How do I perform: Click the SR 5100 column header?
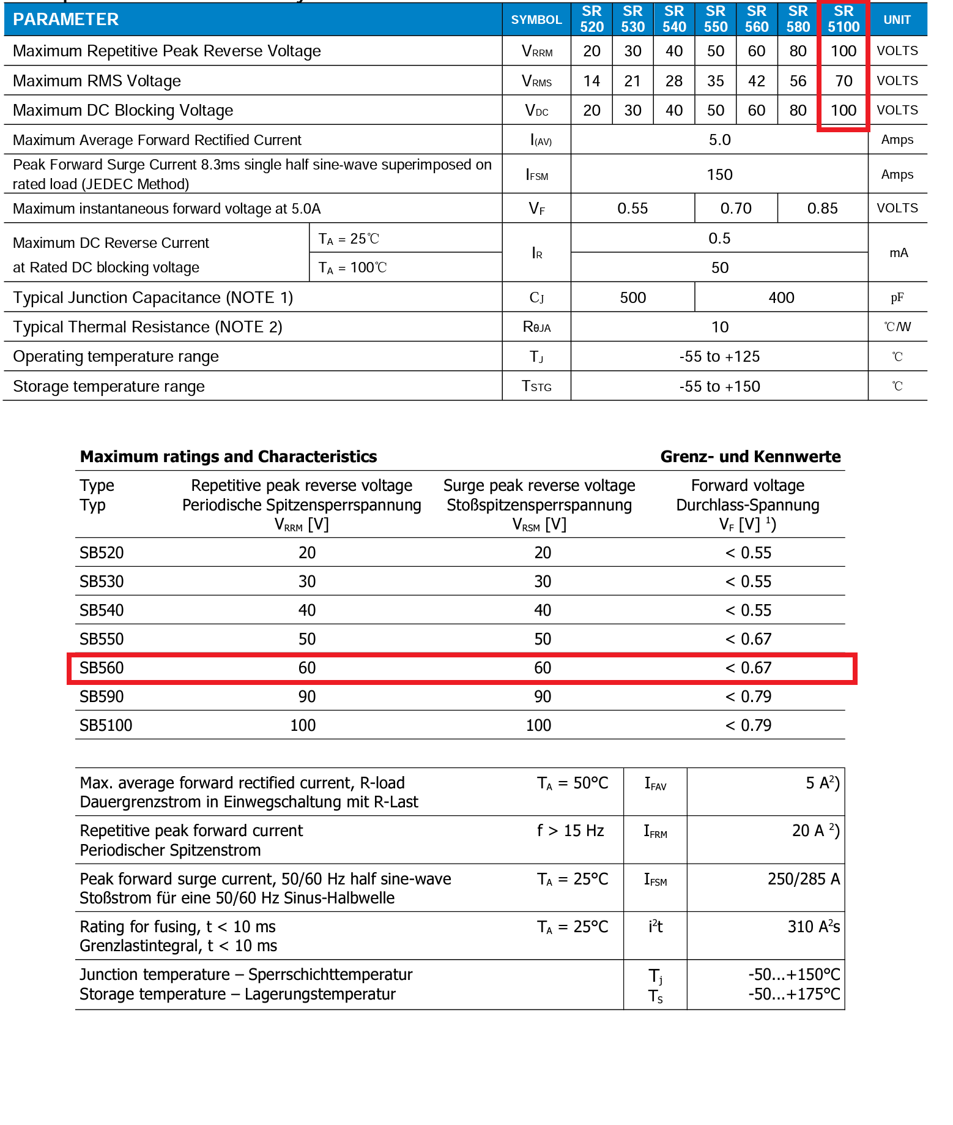pyautogui.click(x=843, y=19)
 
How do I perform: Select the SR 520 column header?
pyautogui.click(x=591, y=19)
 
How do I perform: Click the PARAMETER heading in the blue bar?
pyautogui.click(x=66, y=20)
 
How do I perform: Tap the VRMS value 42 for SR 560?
pyautogui.click(x=757, y=81)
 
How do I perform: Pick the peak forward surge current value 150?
pyautogui.click(x=719, y=175)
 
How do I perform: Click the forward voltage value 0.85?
pyautogui.click(x=822, y=209)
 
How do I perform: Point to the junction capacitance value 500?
pyautogui.click(x=632, y=298)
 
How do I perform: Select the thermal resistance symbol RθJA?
pyautogui.click(x=536, y=327)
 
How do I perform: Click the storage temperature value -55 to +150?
pyautogui.click(x=719, y=387)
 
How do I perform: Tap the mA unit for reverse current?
pyautogui.click(x=898, y=253)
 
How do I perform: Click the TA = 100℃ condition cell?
pyautogui.click(x=352, y=268)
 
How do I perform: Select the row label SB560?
pyautogui.click(x=102, y=668)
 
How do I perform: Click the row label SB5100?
pyautogui.click(x=106, y=725)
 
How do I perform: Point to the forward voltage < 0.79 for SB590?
pyautogui.click(x=748, y=697)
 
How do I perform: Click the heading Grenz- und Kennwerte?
pyautogui.click(x=750, y=457)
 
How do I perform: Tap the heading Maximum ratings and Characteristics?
pyautogui.click(x=228, y=457)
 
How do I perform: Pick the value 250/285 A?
pyautogui.click(x=803, y=880)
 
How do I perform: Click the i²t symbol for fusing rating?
pyautogui.click(x=655, y=927)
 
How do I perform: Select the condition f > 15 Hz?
pyautogui.click(x=570, y=831)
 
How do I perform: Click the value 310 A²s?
pyautogui.click(x=813, y=927)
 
